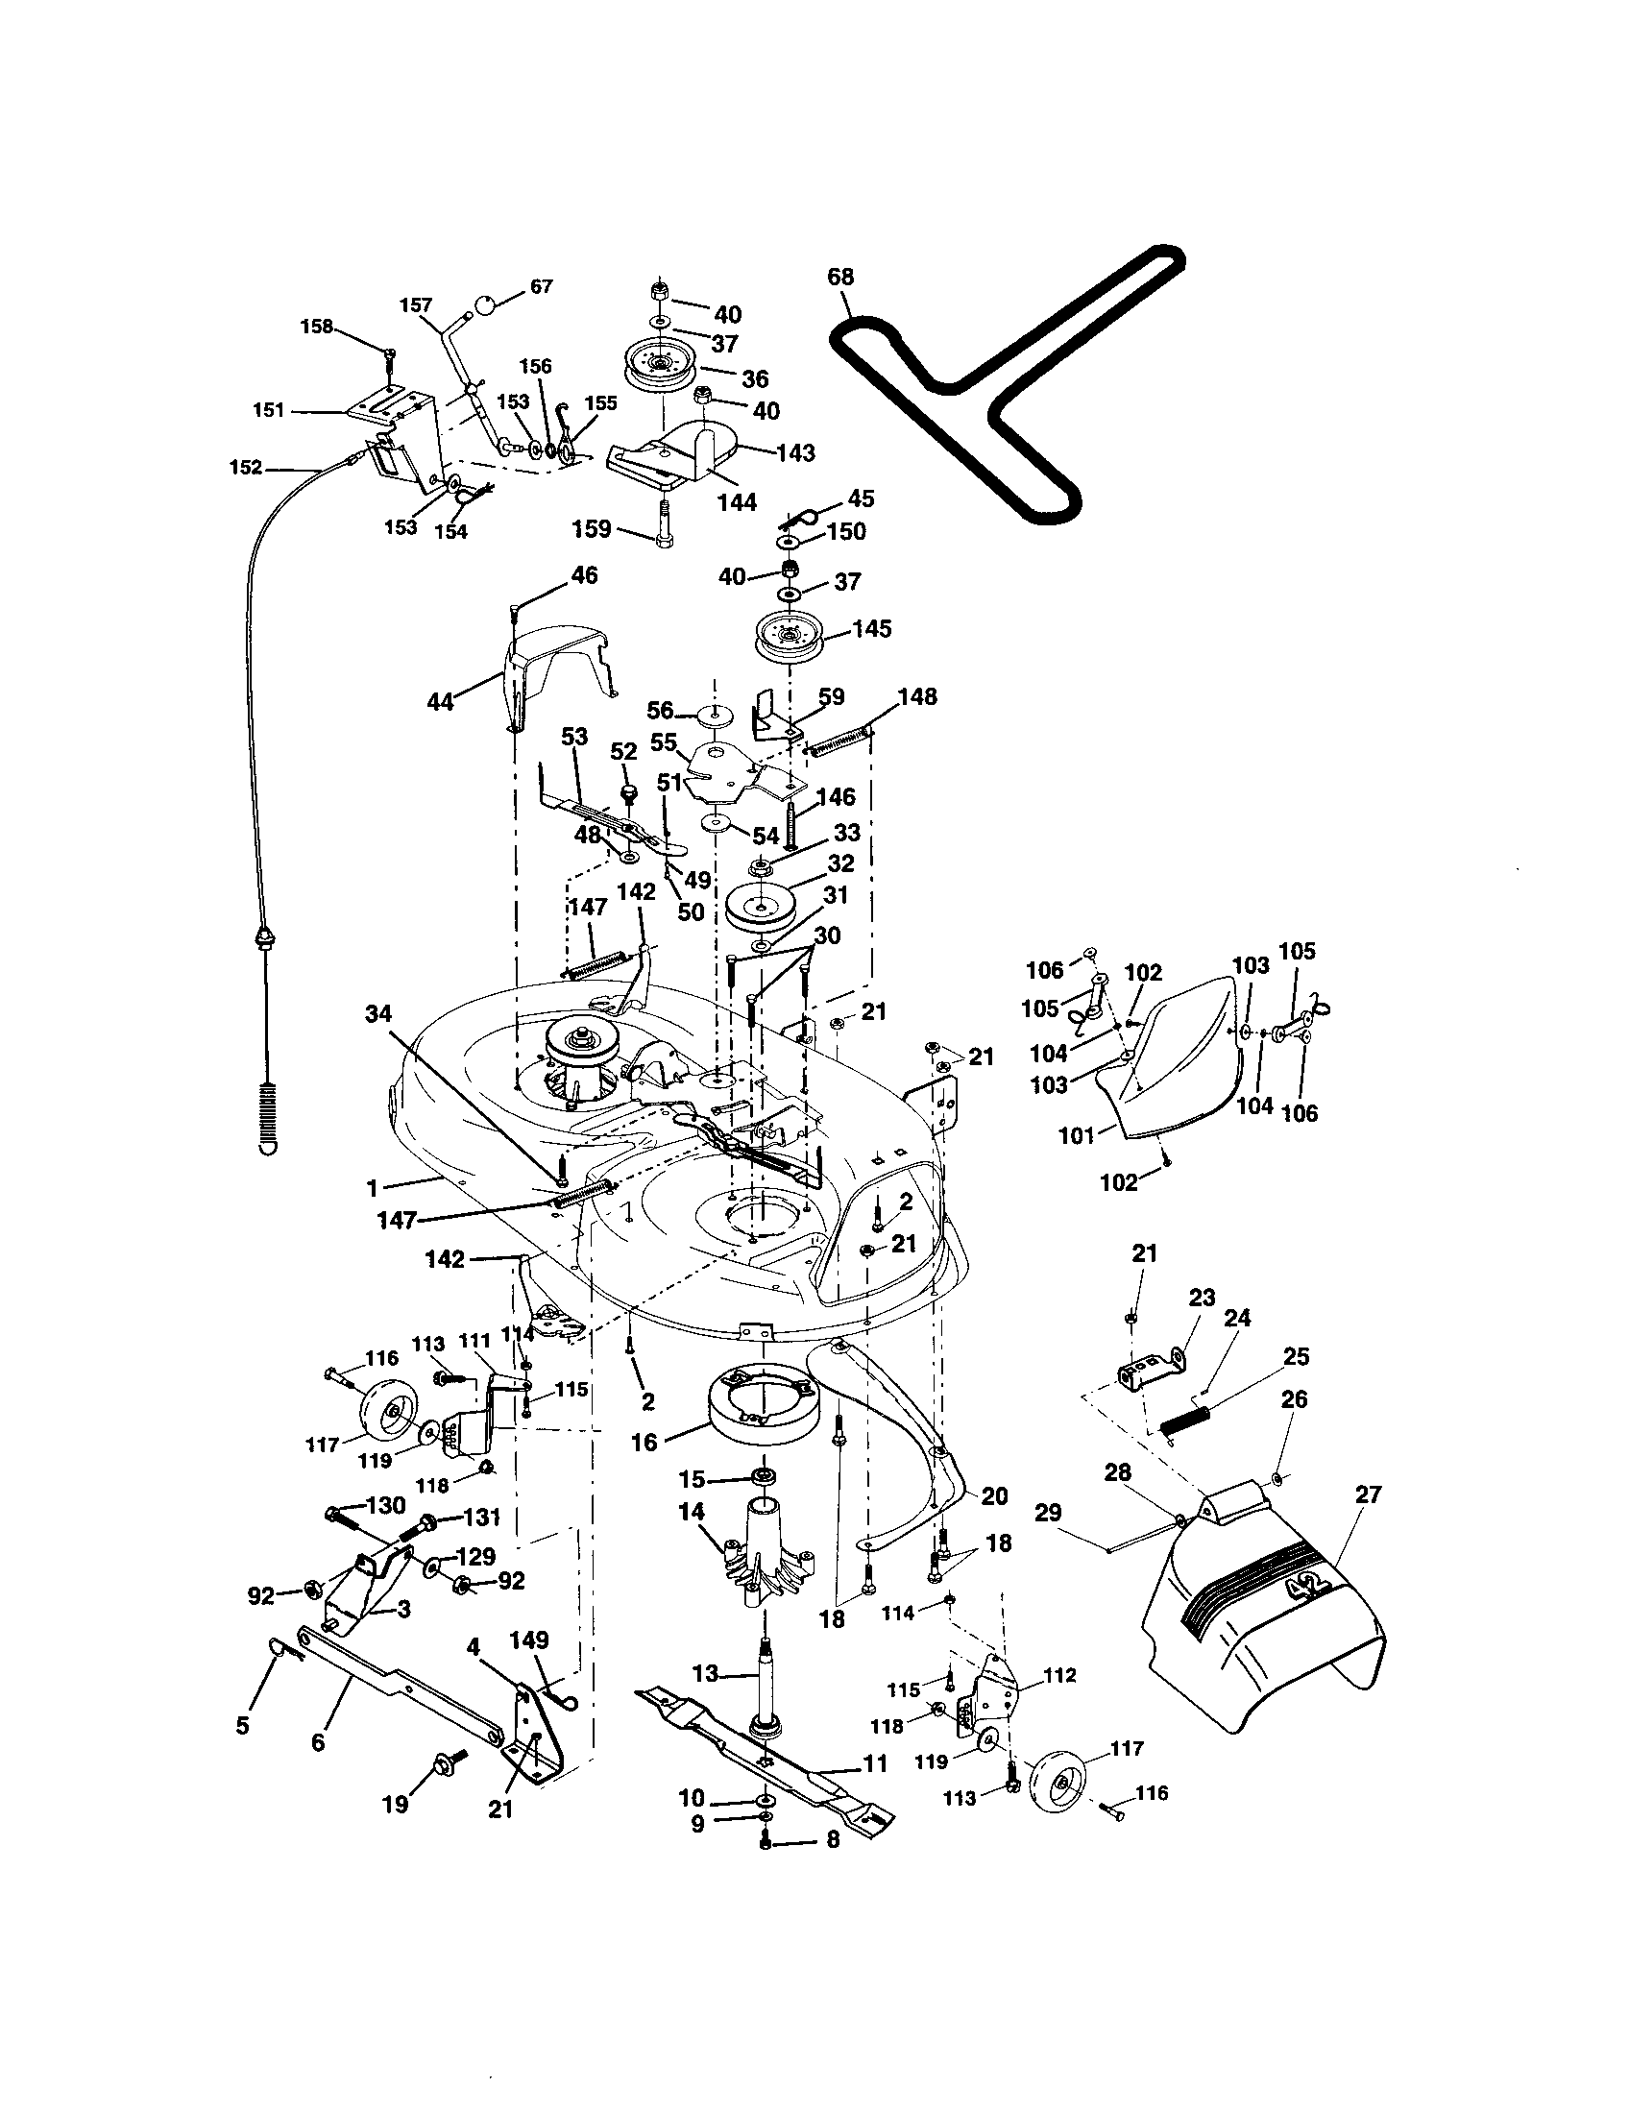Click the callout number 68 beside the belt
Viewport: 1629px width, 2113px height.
840,278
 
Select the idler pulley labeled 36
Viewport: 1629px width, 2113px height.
660,368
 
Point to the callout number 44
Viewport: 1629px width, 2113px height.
441,701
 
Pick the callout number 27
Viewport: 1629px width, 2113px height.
1369,1494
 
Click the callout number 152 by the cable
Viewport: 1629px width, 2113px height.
246,468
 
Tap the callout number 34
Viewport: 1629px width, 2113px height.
379,1013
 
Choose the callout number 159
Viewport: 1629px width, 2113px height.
592,528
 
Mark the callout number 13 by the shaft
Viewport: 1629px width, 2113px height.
706,1674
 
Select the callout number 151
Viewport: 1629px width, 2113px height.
269,410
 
